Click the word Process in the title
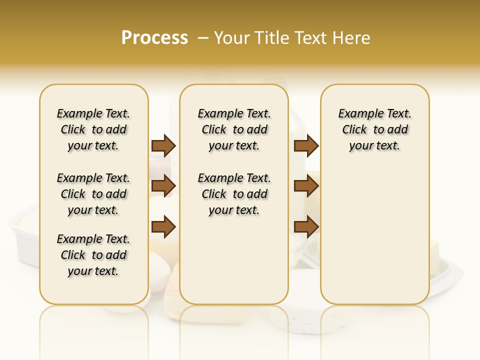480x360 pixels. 154,37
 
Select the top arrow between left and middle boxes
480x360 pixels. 163,145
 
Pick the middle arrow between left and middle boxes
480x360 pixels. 163,186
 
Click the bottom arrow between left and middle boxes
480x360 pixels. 163,226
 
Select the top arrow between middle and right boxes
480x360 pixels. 306,145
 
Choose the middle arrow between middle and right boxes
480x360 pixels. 306,186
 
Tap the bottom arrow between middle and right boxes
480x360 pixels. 306,226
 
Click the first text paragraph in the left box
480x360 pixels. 93,129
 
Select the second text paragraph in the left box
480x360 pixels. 93,194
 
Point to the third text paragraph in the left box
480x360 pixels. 93,255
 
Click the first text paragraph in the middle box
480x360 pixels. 234,129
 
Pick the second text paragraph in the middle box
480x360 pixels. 234,194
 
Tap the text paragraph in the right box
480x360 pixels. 374,129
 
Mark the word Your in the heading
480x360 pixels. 230,37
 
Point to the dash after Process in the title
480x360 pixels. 203,37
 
